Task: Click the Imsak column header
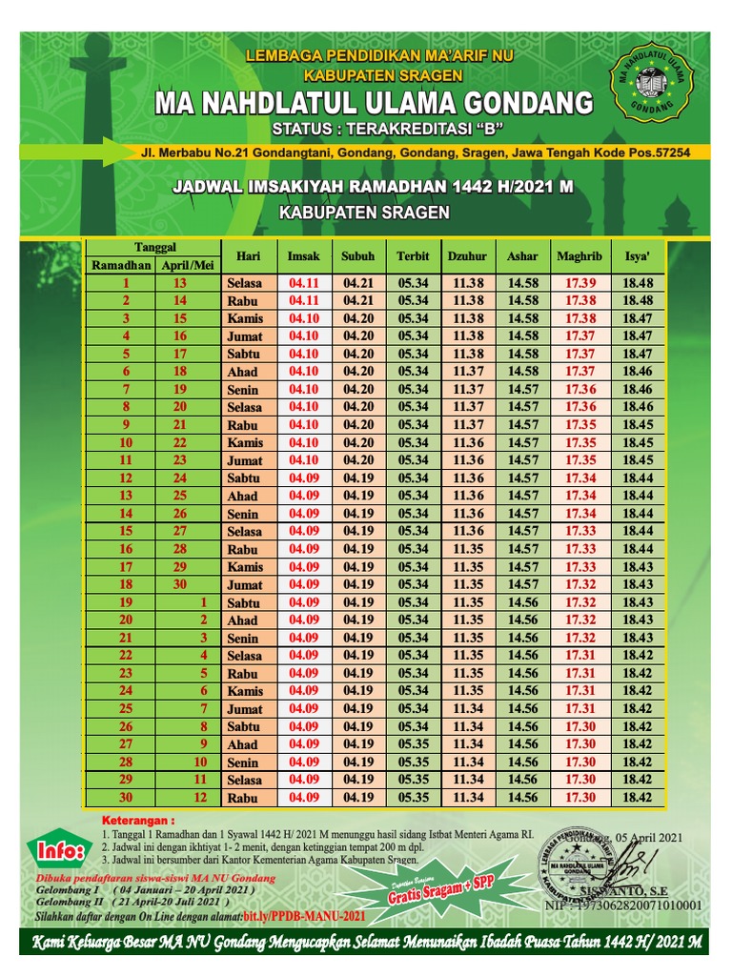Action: [x=303, y=256]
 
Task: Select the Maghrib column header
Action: [x=579, y=256]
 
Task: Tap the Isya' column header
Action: [x=638, y=256]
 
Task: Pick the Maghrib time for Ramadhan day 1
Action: [x=579, y=283]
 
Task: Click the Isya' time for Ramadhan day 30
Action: [x=638, y=798]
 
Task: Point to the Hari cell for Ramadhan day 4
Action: [x=245, y=336]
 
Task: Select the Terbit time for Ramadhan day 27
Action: [x=414, y=744]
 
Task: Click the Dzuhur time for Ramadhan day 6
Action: [x=468, y=372]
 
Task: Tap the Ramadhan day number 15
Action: [x=126, y=531]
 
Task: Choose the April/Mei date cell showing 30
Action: [x=180, y=584]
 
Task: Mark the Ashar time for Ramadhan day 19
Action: [x=522, y=602]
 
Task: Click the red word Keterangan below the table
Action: [x=138, y=820]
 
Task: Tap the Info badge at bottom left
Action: [x=59, y=850]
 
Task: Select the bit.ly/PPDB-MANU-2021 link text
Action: [x=304, y=915]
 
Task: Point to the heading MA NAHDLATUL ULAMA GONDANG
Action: [x=374, y=103]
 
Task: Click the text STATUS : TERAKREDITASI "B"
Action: [x=387, y=129]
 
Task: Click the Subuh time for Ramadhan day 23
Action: [x=358, y=673]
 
